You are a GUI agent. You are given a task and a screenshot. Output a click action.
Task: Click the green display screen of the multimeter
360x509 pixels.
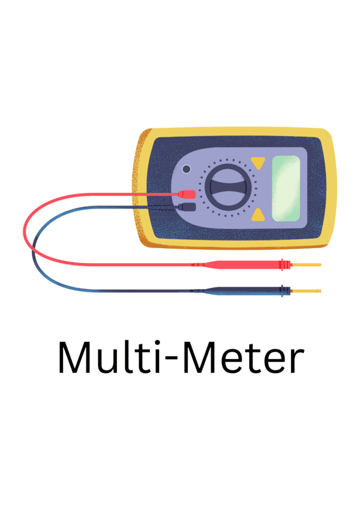point(286,189)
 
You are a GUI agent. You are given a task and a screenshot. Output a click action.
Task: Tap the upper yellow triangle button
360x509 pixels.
point(258,162)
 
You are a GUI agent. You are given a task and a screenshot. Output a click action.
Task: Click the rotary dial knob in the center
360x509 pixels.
point(227,187)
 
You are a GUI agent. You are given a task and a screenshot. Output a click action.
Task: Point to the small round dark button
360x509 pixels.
point(187,169)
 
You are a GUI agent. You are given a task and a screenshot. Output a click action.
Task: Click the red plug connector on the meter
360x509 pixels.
point(187,194)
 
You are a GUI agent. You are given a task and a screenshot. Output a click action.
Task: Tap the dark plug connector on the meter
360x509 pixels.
point(187,207)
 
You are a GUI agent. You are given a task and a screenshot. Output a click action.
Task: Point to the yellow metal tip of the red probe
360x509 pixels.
point(306,265)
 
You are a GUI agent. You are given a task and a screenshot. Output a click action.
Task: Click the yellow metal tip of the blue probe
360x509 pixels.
point(306,291)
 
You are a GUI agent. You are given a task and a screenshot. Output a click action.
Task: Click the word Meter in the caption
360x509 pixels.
point(244,357)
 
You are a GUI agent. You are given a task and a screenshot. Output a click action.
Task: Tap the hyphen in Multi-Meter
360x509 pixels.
point(172,360)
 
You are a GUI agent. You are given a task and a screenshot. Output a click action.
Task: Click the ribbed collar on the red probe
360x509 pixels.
point(284,264)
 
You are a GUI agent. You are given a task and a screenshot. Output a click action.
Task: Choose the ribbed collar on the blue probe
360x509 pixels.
point(284,291)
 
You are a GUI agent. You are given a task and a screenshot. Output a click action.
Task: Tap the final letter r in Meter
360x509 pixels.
point(296,361)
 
